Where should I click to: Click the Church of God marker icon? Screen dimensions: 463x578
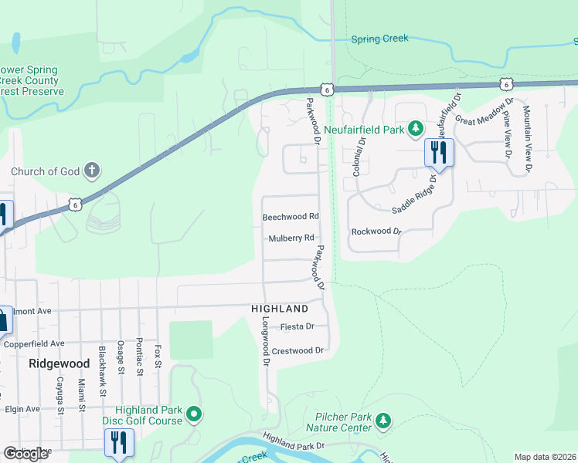coord(92,171)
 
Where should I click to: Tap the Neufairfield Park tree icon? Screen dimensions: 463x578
coord(415,129)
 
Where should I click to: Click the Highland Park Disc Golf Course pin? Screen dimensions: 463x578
coord(194,415)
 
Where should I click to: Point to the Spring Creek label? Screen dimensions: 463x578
coord(379,39)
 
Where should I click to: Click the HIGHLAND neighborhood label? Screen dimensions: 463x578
coord(280,309)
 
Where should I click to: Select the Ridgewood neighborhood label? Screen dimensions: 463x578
coord(59,363)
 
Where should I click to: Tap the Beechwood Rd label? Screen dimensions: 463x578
coord(291,218)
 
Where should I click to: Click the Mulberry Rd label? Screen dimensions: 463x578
coord(291,238)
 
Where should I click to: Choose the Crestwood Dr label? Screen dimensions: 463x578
coord(297,350)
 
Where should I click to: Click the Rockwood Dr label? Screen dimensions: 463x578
coord(377,231)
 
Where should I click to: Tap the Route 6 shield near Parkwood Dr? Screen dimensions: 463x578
coord(328,90)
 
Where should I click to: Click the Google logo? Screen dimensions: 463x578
coord(25,455)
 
